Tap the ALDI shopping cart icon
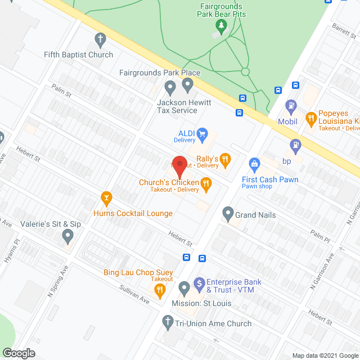[202, 134]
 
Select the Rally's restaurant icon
[226, 159]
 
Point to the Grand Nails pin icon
[228, 213]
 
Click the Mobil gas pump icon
[291, 105]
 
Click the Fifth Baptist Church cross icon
[100, 39]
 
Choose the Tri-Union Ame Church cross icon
[167, 322]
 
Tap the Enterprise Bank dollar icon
[199, 283]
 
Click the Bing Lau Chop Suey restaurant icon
[160, 290]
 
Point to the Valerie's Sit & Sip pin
[68, 236]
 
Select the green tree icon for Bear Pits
[222, 25]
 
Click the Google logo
[18, 353]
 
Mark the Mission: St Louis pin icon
[184, 289]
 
